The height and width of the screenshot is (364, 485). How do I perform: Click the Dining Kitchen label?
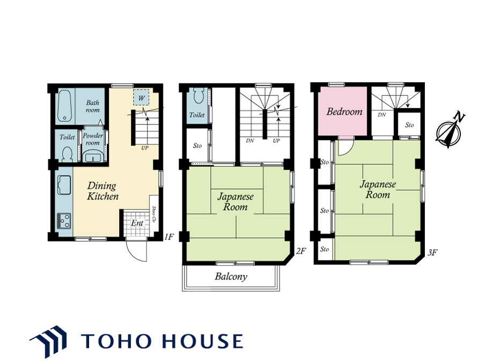coord(102,191)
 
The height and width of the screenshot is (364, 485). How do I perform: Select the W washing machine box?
coord(141,98)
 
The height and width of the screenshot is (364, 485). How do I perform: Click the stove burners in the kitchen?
coord(64,221)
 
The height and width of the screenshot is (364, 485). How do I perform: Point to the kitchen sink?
coord(64,185)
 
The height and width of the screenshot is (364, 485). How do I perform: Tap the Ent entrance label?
coord(137,223)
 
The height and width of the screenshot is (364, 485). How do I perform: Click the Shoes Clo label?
coord(154,215)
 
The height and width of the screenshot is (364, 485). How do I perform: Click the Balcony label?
coord(231,276)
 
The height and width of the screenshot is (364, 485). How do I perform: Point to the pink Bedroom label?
coord(344,112)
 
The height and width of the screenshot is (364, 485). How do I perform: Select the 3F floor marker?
coord(432,252)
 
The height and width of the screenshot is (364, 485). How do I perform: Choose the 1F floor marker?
coord(169,237)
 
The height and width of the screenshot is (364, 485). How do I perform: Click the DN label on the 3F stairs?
coord(381,115)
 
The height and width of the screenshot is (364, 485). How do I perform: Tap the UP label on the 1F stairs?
coord(145,148)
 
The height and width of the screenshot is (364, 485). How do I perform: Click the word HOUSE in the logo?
coord(202,341)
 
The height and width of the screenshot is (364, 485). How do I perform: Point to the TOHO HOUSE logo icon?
coord(49,341)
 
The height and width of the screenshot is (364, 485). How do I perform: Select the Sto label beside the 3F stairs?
coord(409,125)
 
